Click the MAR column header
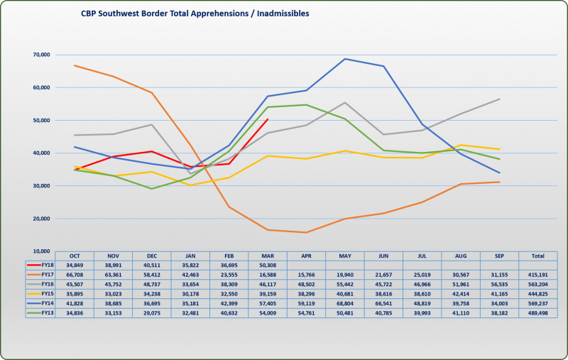coord(267,255)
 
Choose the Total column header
coord(537,255)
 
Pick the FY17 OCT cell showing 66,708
coord(75,274)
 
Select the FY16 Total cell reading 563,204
coord(537,283)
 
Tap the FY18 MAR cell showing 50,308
coord(267,265)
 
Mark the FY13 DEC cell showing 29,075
coord(152,311)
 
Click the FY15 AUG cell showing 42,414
coord(460,293)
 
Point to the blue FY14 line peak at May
coord(345,59)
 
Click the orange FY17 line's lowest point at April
coord(306,232)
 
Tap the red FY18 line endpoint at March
coord(267,119)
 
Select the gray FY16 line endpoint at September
coord(500,99)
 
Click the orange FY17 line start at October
coord(75,65)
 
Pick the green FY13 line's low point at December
coord(152,189)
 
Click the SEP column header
coord(499,255)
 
